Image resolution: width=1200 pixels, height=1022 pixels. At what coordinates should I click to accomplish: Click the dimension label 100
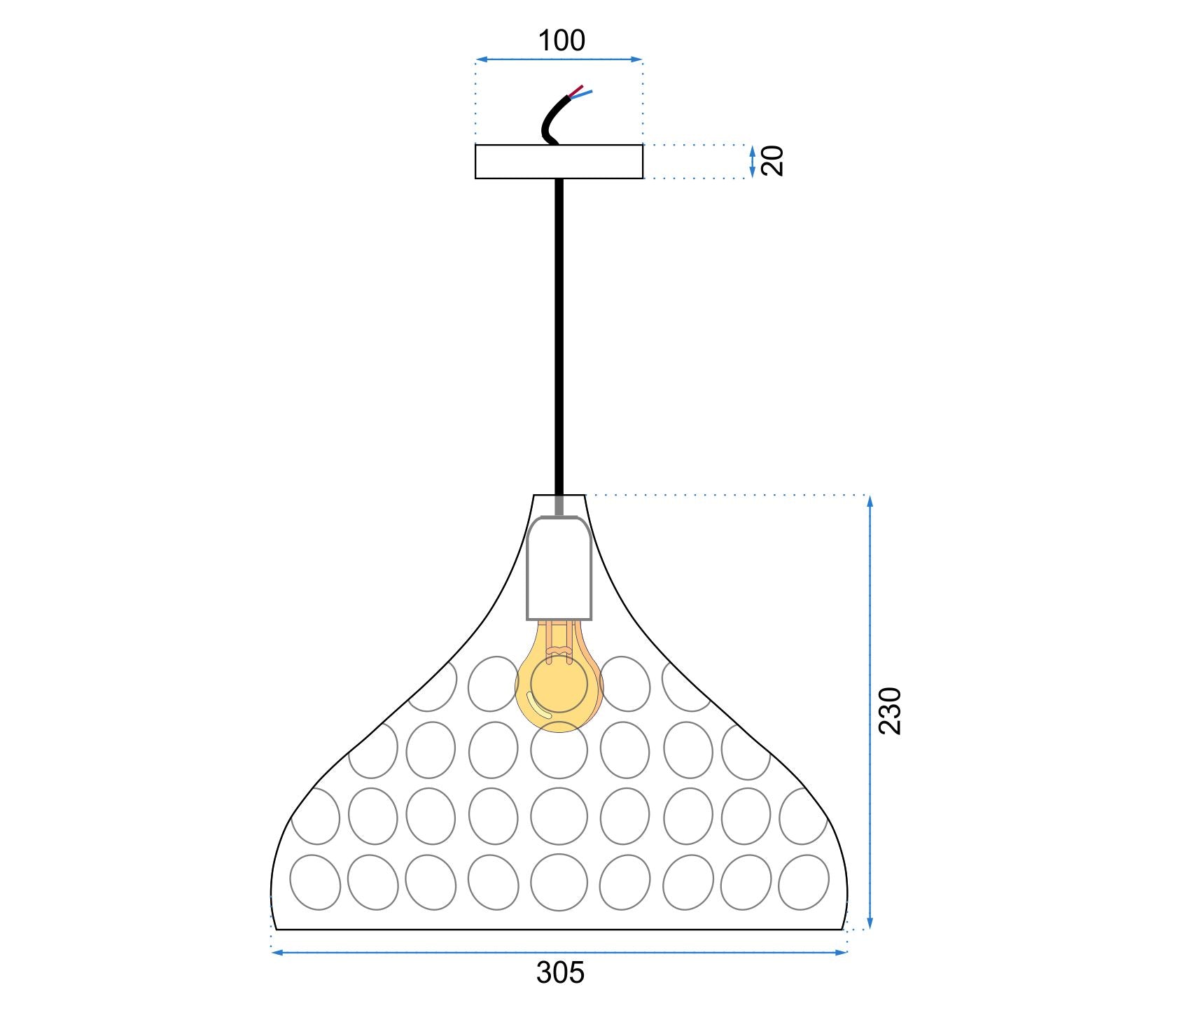tap(561, 41)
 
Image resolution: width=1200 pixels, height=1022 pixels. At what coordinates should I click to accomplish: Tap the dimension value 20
tap(772, 161)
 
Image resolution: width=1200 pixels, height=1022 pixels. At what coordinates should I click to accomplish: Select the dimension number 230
tap(890, 711)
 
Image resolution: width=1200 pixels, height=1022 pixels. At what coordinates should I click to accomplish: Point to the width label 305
tap(560, 973)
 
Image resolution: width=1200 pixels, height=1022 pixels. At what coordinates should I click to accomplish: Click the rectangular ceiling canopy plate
tap(559, 162)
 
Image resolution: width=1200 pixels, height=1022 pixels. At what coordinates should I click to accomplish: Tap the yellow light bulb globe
tap(559, 689)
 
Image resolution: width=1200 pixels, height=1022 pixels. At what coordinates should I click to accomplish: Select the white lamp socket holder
tap(559, 568)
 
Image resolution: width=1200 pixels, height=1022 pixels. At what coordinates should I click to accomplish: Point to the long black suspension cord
tap(559, 336)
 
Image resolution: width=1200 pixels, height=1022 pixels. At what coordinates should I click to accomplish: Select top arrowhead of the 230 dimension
tap(870, 500)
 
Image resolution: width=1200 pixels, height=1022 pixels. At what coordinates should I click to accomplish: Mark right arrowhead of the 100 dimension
tap(638, 59)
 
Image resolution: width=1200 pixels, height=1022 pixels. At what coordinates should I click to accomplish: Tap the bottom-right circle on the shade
tap(804, 882)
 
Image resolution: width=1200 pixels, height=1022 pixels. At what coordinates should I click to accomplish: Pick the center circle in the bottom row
tap(559, 882)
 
